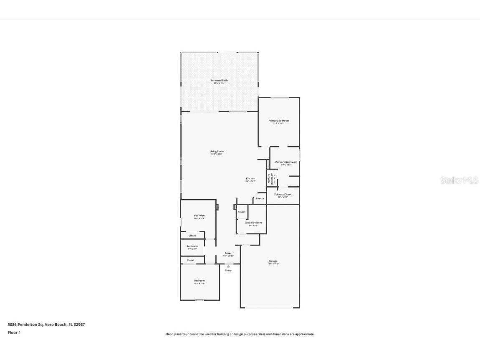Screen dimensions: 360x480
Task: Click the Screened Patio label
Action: coord(220,81)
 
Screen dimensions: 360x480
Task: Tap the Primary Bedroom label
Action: coord(278,121)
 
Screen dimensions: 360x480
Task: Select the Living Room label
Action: coord(217,151)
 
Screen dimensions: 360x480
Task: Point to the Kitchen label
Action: coord(250,179)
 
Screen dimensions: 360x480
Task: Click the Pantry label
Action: coord(260,199)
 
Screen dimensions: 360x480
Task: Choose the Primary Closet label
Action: coord(283,194)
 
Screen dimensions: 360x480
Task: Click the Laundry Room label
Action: coord(253,223)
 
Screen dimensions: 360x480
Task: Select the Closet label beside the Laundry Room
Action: coord(242,212)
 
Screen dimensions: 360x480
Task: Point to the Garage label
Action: coord(273,261)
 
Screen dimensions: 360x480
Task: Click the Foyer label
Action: coord(228,253)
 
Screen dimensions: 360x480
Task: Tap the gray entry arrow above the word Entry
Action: coord(228,266)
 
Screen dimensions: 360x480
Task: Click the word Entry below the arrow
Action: coord(228,271)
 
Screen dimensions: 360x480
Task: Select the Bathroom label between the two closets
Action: coord(192,246)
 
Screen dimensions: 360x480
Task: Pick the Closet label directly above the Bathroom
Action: coord(192,236)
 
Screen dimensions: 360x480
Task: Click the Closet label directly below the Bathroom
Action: coord(190,260)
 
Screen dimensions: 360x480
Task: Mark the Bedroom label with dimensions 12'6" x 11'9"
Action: coord(199,281)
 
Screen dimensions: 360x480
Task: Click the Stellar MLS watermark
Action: coord(459,180)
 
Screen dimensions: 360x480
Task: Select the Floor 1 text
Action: coord(14,333)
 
